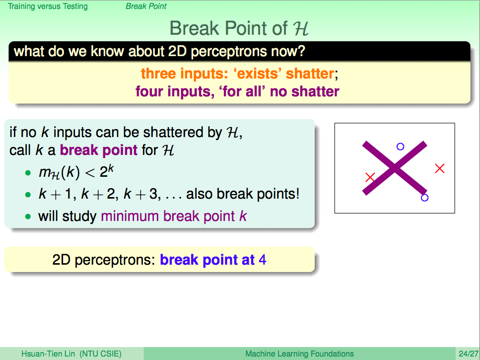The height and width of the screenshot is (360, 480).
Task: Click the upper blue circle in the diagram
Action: tap(400, 146)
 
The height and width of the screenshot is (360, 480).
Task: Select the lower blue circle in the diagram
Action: tap(424, 198)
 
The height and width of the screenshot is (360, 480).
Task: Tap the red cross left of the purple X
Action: tap(370, 177)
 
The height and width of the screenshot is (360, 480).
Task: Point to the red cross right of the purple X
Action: tap(440, 168)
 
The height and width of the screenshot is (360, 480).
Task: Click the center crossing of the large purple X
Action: tap(395, 168)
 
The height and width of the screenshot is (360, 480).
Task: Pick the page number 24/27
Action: tap(469, 354)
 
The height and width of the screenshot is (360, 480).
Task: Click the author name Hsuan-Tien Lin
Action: tap(48, 354)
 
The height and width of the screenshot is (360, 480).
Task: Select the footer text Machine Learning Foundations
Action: tap(299, 354)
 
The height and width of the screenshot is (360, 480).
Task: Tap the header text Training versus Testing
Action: tap(48, 6)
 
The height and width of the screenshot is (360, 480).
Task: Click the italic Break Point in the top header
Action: tap(146, 6)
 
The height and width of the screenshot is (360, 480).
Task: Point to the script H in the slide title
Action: tap(300, 28)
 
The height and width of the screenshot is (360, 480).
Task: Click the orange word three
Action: tap(158, 74)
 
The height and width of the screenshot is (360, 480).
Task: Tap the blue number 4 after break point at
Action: tap(263, 260)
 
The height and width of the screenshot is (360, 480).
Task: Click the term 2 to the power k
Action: tap(107, 171)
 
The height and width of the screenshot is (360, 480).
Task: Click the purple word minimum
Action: tap(130, 216)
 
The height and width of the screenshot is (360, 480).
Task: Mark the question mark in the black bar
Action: tap(301, 51)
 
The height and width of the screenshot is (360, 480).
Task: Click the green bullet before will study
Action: tap(28, 217)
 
